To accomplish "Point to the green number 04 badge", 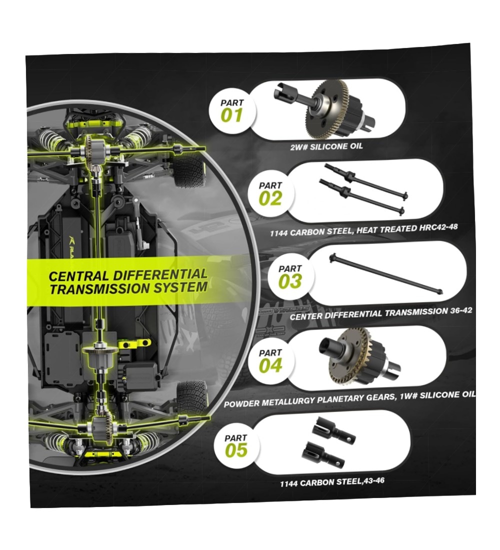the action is tap(270, 361).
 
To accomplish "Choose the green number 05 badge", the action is tap(236, 446).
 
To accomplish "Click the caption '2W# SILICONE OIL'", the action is tap(326, 146).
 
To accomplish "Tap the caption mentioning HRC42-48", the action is tap(363, 230).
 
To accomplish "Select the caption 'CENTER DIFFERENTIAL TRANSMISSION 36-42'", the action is tap(380, 313).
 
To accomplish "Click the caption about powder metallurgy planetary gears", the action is tap(349, 399).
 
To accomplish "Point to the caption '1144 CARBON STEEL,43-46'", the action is tap(332, 482).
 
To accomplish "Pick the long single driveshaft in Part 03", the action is tap(386, 274).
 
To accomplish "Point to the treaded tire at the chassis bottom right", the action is tap(191, 398).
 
